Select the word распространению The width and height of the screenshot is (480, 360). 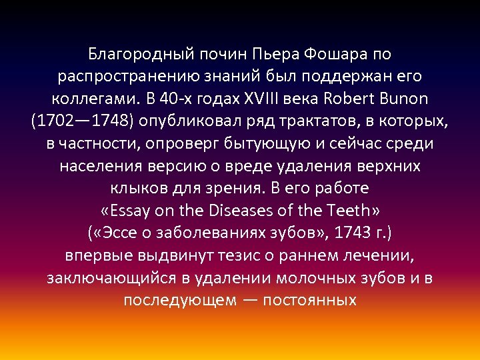(125, 77)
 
